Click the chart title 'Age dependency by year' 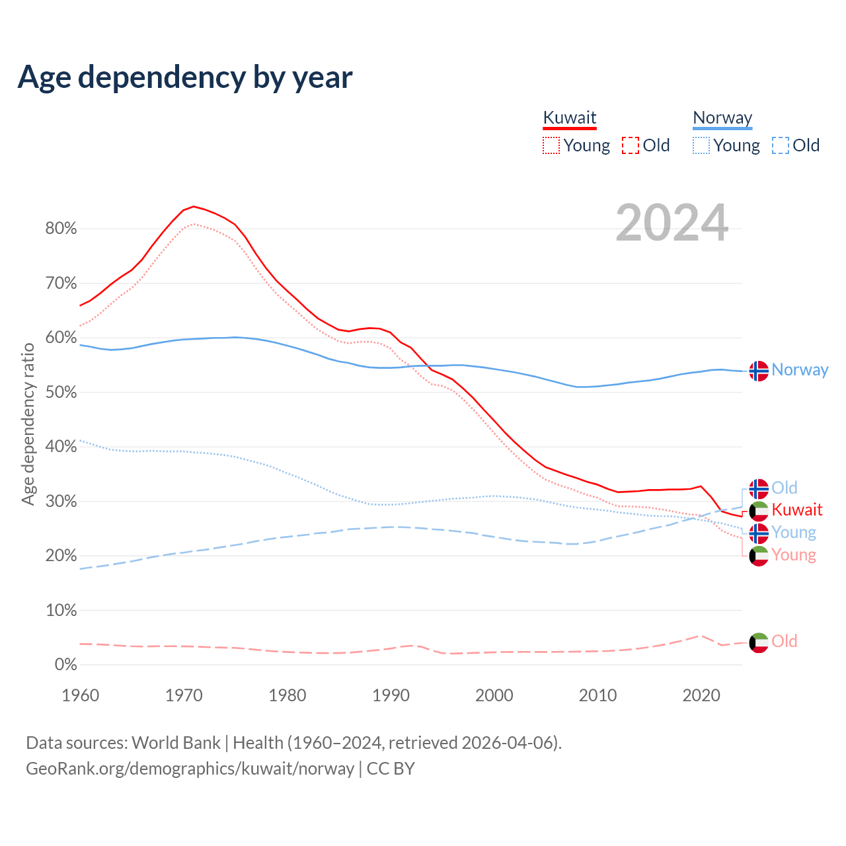(185, 77)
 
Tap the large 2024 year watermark (672, 223)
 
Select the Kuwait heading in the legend (570, 118)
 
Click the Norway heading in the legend (722, 118)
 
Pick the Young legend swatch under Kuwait (551, 145)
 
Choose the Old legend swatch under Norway (780, 145)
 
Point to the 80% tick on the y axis (61, 229)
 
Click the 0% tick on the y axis (65, 665)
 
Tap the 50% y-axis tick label (61, 393)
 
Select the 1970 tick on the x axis (184, 695)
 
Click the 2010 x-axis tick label (597, 695)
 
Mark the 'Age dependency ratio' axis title (28, 424)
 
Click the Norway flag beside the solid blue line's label (759, 371)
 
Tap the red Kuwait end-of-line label (797, 510)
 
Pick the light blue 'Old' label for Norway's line (785, 488)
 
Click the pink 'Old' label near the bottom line (785, 641)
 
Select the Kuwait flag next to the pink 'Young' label (759, 556)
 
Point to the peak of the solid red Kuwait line (193, 206)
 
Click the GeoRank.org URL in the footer (190, 769)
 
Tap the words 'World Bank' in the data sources (176, 743)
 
